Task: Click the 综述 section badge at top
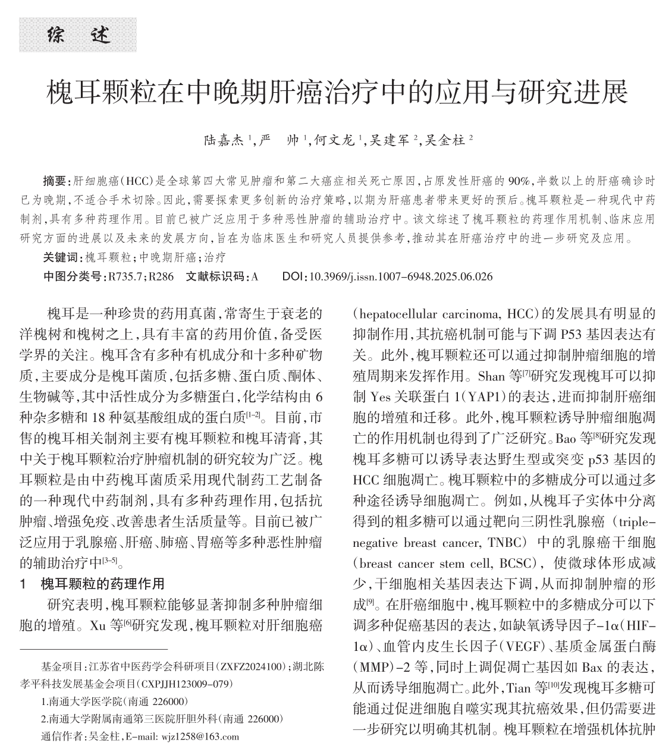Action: (78, 34)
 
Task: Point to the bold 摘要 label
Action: (56, 180)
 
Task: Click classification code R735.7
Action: (126, 276)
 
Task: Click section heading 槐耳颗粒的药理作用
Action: (102, 583)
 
